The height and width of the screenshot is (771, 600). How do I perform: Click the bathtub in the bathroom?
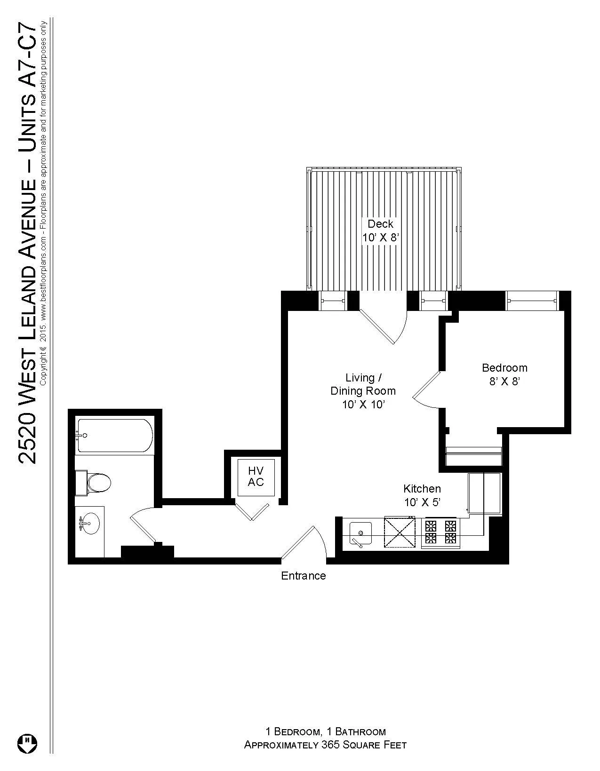click(115, 436)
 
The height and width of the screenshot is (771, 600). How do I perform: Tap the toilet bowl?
click(98, 483)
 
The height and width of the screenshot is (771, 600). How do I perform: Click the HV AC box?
click(256, 477)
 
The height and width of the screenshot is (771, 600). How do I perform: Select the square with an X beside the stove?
click(400, 532)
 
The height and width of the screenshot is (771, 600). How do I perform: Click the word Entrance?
click(303, 576)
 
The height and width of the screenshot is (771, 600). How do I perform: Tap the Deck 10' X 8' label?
click(380, 231)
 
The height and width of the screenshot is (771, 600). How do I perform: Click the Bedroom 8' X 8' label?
click(504, 374)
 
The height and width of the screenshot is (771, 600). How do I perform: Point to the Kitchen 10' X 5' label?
click(422, 495)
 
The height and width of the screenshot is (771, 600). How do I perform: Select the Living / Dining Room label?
click(363, 390)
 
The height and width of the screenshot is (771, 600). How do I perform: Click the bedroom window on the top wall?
click(532, 301)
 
